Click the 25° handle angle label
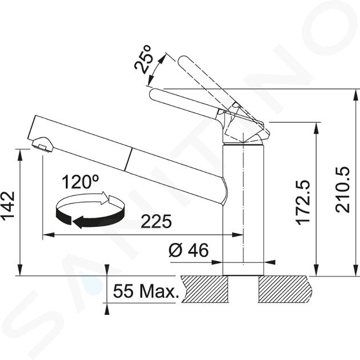[x=143, y=59]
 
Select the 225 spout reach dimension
[x=156, y=221]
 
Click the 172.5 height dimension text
[x=303, y=202]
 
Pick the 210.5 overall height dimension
[x=342, y=190]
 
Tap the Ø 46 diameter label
[x=189, y=250]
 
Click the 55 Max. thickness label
[x=146, y=291]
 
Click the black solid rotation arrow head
[x=78, y=222]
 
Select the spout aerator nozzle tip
[x=42, y=145]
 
